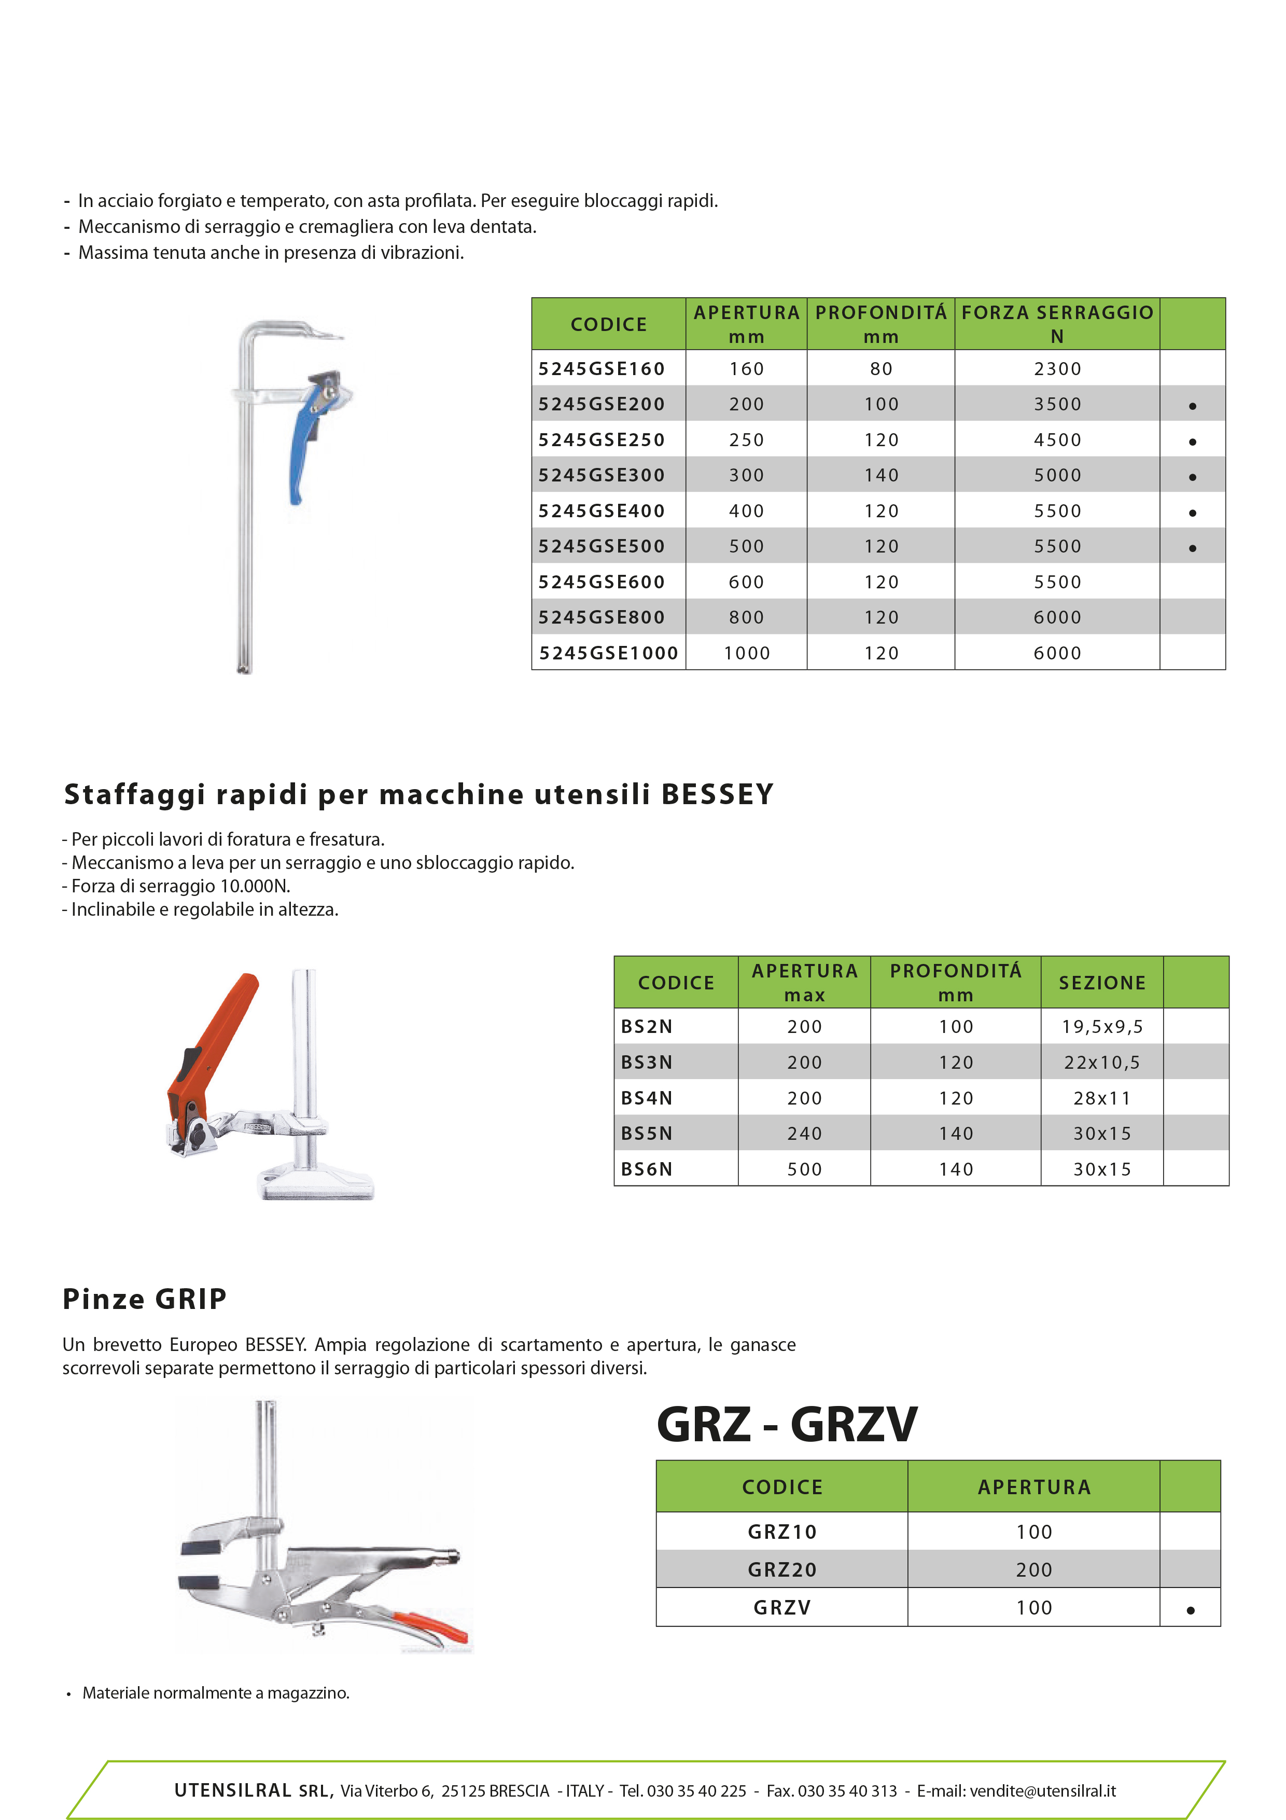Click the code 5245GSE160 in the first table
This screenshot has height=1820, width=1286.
pos(602,368)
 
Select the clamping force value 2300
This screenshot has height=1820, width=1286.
pos(1057,368)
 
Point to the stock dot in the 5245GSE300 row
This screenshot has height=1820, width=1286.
pos(1193,477)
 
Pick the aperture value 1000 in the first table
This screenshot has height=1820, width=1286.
pos(746,653)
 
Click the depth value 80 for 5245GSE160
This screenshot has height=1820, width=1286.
pos(881,368)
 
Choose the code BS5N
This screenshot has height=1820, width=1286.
pos(647,1134)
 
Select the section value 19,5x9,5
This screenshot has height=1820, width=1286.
pos(1102,1027)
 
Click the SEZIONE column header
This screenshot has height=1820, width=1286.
pos(1102,983)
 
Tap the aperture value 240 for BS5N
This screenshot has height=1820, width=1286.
pos(804,1134)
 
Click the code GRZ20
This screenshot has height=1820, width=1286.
pos(782,1569)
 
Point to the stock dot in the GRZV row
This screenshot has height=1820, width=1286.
pos(1190,1610)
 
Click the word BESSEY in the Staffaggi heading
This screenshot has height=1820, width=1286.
pos(717,794)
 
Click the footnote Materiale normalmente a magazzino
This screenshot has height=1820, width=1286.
pos(216,1693)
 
